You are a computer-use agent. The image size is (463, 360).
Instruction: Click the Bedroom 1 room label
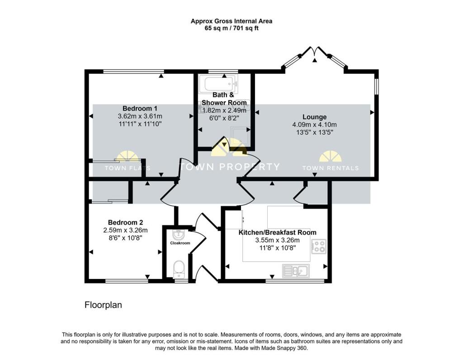pos(140,109)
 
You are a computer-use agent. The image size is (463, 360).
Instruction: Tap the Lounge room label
pos(315,117)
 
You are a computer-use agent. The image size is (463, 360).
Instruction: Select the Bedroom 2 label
pos(126,223)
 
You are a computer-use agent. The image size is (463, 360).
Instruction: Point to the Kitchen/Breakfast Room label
pos(277,232)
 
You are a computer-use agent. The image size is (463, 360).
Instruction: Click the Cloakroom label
pos(180,243)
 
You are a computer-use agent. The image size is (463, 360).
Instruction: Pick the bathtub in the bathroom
pos(219,84)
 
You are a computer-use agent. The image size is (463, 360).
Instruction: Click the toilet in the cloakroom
pos(179,270)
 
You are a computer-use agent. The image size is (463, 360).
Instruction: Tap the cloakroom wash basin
pos(178,234)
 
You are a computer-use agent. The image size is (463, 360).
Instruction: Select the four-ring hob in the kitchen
pos(319,246)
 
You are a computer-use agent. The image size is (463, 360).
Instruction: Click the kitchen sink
pos(296,271)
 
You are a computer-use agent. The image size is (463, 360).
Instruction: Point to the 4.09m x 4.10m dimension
pos(315,125)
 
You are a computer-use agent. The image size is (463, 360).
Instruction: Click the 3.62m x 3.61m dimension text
pos(140,116)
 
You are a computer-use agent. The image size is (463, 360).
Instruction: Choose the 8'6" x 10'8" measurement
pos(126,238)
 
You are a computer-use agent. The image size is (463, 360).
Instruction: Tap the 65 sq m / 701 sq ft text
pos(231,28)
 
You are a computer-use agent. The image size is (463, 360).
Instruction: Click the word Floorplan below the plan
pos(103,305)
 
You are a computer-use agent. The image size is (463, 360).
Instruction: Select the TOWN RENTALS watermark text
pos(331,168)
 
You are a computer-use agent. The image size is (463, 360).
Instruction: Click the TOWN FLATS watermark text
pos(128,168)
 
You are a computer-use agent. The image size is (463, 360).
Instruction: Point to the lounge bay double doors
pos(315,52)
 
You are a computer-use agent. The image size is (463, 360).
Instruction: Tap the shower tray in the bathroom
pos(241,137)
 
